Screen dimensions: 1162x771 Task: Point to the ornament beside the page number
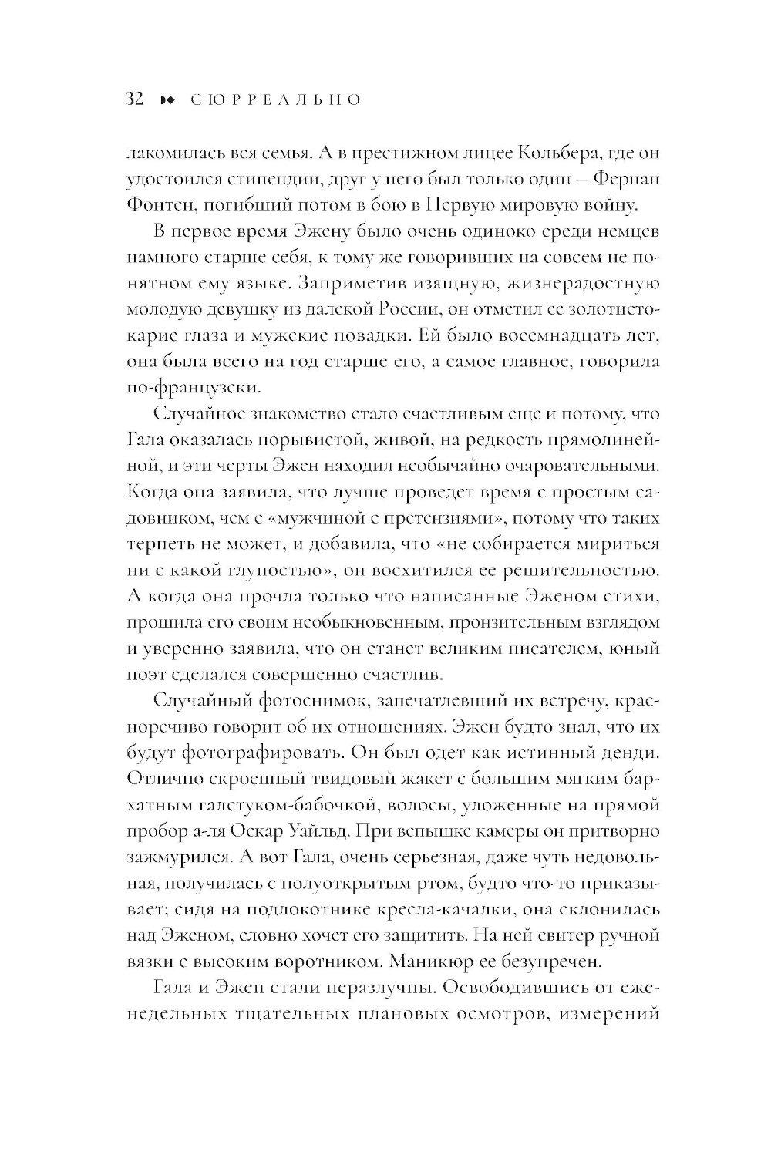(x=167, y=100)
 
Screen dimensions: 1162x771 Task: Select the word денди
(x=628, y=753)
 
